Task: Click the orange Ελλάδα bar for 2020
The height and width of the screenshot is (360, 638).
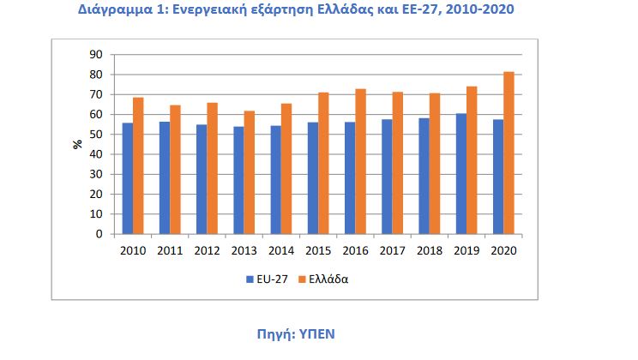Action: pyautogui.click(x=509, y=153)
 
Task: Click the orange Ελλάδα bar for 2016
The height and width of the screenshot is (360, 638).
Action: pyautogui.click(x=360, y=161)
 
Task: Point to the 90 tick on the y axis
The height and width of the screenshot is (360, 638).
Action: pyautogui.click(x=96, y=55)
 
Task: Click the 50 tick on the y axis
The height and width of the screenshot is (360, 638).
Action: pyautogui.click(x=96, y=135)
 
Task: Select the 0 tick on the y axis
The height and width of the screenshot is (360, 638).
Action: pyautogui.click(x=99, y=234)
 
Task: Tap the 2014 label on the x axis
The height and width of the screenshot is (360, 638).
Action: pyautogui.click(x=281, y=251)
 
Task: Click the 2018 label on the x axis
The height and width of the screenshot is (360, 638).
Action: pyautogui.click(x=430, y=251)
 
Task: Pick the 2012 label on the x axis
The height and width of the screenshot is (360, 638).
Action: pyautogui.click(x=208, y=251)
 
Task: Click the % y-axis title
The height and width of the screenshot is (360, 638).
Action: pyautogui.click(x=76, y=144)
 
